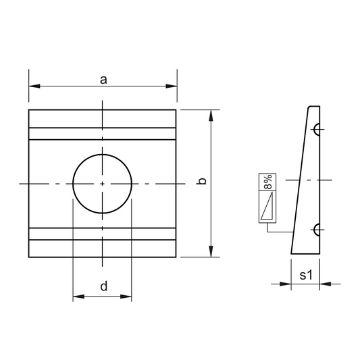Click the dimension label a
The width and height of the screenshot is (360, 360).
[103, 80]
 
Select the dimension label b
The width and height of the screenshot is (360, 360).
[201, 181]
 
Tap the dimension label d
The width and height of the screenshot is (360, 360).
[104, 286]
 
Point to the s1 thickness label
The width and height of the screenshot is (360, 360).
[306, 275]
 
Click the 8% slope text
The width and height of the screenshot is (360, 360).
[267, 182]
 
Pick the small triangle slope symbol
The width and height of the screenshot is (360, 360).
[267, 206]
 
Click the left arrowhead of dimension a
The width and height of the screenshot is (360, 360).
[34, 86]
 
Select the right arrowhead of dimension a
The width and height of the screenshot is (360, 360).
[172, 86]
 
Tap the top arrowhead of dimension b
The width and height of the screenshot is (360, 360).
[211, 115]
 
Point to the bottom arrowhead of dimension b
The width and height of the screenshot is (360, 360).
[211, 251]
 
